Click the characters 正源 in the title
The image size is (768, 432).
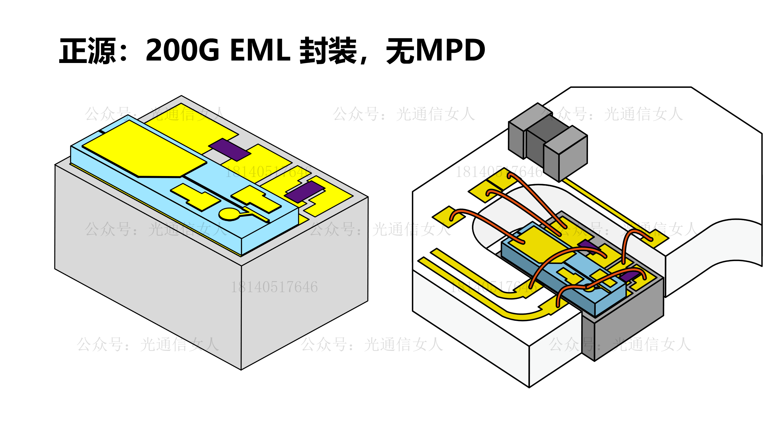(88, 51)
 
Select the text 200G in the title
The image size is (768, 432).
(182, 51)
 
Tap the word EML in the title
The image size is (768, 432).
(260, 51)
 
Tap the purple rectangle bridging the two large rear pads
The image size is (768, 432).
(229, 149)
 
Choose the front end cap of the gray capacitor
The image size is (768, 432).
(573, 158)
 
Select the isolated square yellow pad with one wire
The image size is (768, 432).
(449, 217)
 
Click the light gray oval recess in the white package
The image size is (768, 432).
(492, 221)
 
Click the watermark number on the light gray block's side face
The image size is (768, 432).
(274, 287)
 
